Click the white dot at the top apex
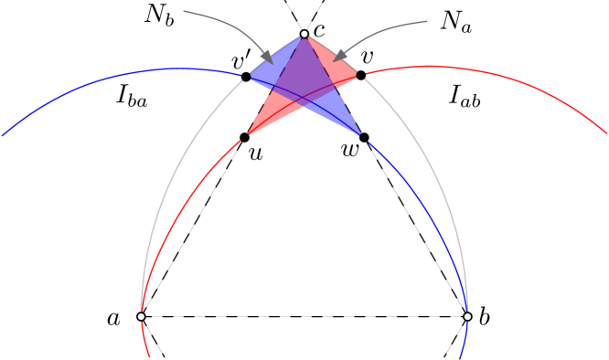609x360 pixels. tap(304, 34)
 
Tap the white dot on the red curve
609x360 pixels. tap(141, 316)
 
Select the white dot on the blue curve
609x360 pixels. tap(467, 316)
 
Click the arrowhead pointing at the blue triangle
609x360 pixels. tap(267, 58)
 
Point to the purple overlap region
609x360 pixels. tap(304, 78)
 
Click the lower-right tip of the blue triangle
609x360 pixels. tap(359, 134)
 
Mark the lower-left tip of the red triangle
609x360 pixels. tap(249, 134)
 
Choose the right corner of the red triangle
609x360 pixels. tap(356, 74)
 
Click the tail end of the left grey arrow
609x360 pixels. tap(185, 12)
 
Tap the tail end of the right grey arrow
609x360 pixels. tap(426, 21)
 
